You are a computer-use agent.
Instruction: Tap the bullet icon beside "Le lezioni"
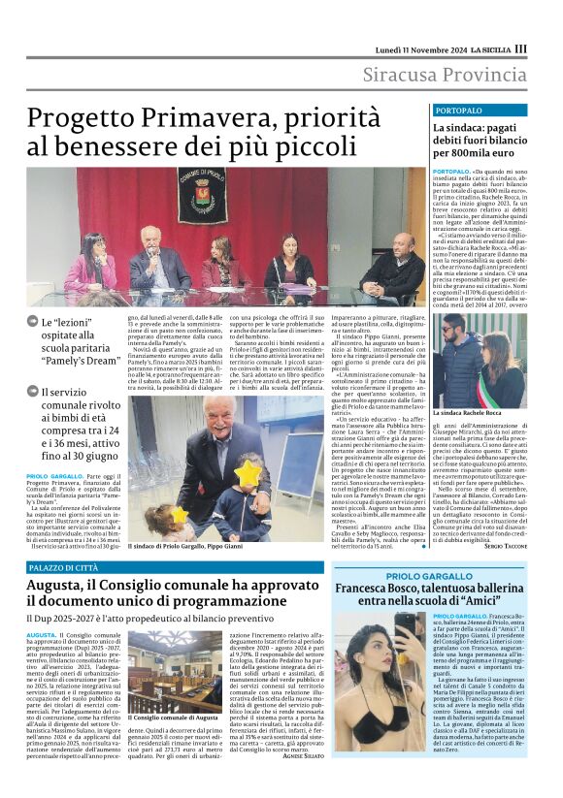pos(34,323)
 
